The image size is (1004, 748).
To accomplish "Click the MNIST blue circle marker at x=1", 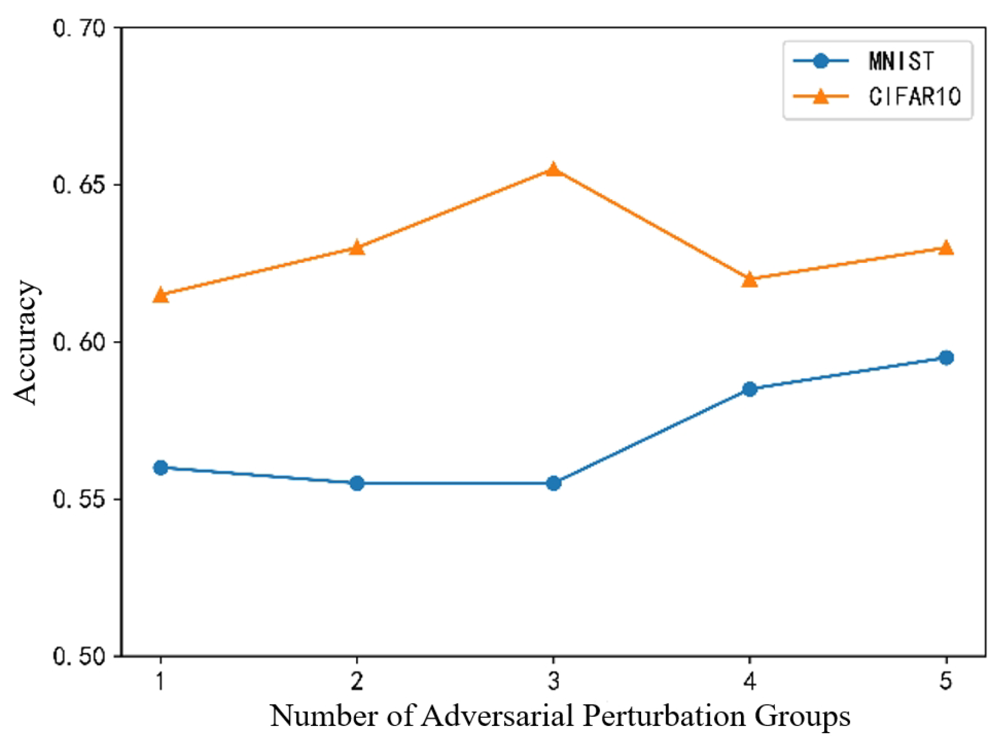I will pyautogui.click(x=160, y=467).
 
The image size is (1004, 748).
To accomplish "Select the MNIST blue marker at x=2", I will pyautogui.click(x=357, y=483).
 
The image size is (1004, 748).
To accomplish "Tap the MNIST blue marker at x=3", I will pyautogui.click(x=554, y=483).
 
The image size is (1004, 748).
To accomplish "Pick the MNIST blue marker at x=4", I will pyautogui.click(x=749, y=389).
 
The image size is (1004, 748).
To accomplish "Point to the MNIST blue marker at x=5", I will pyautogui.click(x=946, y=358).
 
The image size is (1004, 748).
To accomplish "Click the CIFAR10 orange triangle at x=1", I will pyautogui.click(x=160, y=295).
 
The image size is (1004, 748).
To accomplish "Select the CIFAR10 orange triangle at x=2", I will pyautogui.click(x=357, y=248).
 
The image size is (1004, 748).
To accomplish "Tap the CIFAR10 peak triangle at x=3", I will pyautogui.click(x=554, y=169).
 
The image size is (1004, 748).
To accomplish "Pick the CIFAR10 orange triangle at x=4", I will pyautogui.click(x=749, y=279).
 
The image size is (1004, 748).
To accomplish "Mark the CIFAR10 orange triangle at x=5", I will pyautogui.click(x=946, y=248).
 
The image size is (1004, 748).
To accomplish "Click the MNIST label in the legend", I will pyautogui.click(x=901, y=61).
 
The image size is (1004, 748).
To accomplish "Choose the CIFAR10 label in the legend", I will pyautogui.click(x=914, y=97).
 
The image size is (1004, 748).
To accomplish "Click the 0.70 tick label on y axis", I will pyautogui.click(x=79, y=28).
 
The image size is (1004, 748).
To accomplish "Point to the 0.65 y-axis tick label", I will pyautogui.click(x=79, y=185).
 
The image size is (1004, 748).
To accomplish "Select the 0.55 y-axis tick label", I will pyautogui.click(x=79, y=499).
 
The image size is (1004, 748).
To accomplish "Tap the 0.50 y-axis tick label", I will pyautogui.click(x=79, y=656).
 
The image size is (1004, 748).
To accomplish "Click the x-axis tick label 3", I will pyautogui.click(x=554, y=681).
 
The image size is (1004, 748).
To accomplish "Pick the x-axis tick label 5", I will pyautogui.click(x=946, y=681).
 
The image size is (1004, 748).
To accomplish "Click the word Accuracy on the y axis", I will pyautogui.click(x=26, y=342).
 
